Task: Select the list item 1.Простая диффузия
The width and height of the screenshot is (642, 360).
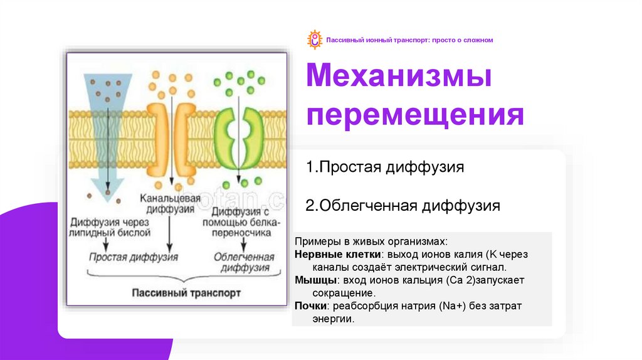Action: coord(385,167)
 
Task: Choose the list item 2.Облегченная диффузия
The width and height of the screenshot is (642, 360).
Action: coord(403,206)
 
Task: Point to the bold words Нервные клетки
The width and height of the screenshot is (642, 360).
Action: coord(337,255)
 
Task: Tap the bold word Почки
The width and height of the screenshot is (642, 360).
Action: coord(310,306)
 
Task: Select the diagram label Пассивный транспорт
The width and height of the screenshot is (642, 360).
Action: coord(186,293)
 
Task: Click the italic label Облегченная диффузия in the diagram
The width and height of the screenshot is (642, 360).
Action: coord(244,263)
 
